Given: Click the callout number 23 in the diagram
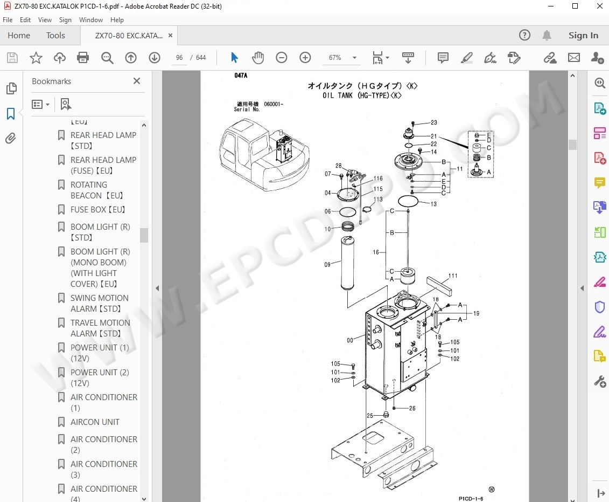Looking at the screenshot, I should click(433, 123).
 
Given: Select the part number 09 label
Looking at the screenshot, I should click(327, 265).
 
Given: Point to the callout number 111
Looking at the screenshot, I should click(453, 276).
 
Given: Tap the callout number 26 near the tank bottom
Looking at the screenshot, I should click(412, 408).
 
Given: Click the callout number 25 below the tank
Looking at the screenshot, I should click(370, 416).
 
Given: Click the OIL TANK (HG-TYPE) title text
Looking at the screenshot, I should click(362, 95).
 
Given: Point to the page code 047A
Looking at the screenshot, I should click(241, 76).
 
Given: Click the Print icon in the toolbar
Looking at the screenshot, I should click(82, 58).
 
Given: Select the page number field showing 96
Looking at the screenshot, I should click(179, 58).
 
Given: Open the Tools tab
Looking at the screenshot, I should click(55, 36).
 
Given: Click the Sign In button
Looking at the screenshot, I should click(583, 36).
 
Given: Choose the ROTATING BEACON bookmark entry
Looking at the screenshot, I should click(97, 190).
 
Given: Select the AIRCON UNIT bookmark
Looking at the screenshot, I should click(95, 422).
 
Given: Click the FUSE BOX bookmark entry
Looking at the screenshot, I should click(97, 209).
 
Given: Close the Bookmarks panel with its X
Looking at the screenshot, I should click(137, 81).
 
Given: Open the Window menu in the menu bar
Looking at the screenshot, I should click(91, 20).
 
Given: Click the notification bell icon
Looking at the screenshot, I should click(547, 36).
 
